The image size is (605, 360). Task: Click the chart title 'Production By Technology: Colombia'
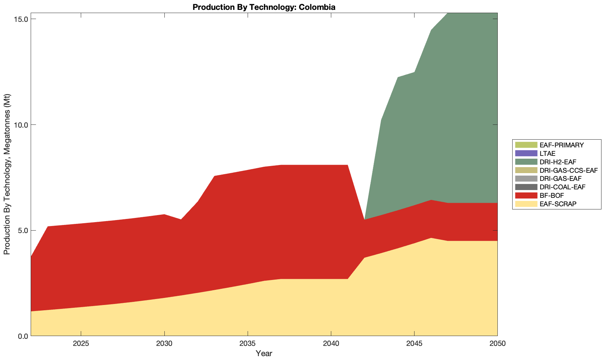coord(264,7)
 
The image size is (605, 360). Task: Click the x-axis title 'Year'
coord(264,353)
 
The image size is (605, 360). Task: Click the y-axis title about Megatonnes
coord(7,174)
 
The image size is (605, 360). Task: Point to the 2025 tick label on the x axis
coord(81,344)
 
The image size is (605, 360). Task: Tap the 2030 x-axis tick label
coord(164,344)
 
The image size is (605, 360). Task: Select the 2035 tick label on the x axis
coord(248,344)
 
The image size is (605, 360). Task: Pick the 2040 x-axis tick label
coord(331,344)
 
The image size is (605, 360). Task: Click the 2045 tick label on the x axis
coord(414,344)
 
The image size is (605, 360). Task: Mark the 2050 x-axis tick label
coord(497,344)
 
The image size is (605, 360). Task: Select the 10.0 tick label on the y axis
coord(22,125)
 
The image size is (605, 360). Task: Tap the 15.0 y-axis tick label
coord(22,19)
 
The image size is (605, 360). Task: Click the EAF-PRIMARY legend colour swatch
coord(526,145)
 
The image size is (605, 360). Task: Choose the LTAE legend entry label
coord(547,153)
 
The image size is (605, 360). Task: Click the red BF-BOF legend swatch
coord(526,195)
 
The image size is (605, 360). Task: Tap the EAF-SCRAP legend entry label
coord(558,204)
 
